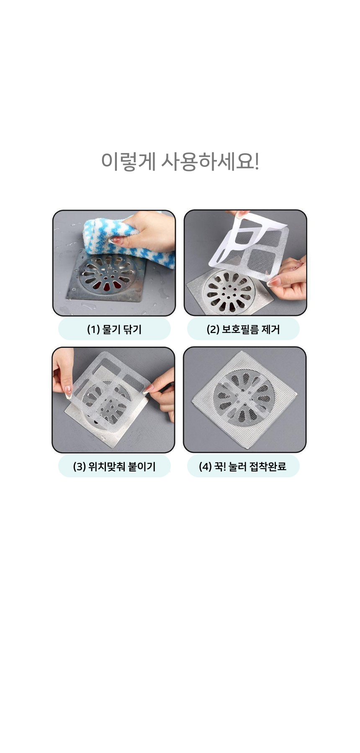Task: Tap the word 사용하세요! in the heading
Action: click(210, 161)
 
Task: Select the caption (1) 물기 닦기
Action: click(114, 329)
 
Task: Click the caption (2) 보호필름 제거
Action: click(243, 329)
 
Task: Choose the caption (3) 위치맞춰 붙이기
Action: click(114, 466)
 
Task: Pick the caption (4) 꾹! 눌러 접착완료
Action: click(243, 466)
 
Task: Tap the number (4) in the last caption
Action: click(205, 467)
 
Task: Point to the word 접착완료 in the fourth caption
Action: click(268, 466)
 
